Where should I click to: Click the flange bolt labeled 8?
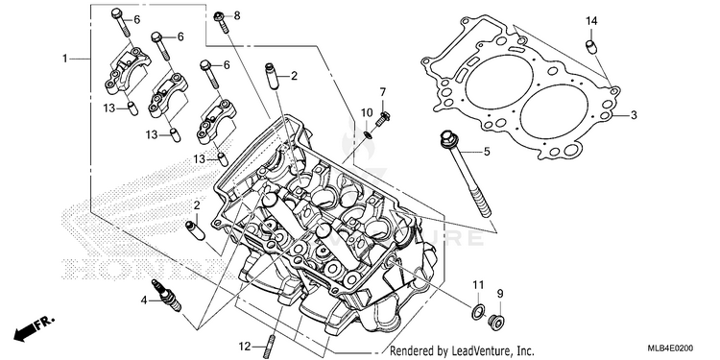(222, 21)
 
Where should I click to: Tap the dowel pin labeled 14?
(590, 47)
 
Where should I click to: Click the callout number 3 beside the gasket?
(634, 115)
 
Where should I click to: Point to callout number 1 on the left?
(65, 59)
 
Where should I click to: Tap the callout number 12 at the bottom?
(245, 347)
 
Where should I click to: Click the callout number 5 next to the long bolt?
(487, 151)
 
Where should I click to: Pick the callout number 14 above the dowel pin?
(591, 21)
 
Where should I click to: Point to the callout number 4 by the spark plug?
(144, 300)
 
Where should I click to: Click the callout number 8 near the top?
(237, 15)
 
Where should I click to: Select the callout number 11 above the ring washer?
(478, 285)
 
